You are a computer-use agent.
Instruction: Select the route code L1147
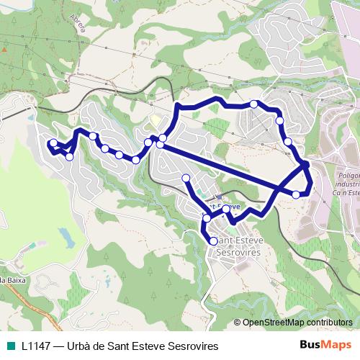tap(35, 346)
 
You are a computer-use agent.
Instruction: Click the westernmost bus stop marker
tap(53, 142)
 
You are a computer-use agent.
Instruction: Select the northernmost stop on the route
tap(253, 104)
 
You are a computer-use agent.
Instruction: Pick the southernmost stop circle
tap(213, 240)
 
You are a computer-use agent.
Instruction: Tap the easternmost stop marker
tap(306, 165)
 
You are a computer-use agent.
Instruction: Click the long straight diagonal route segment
tap(230, 170)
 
